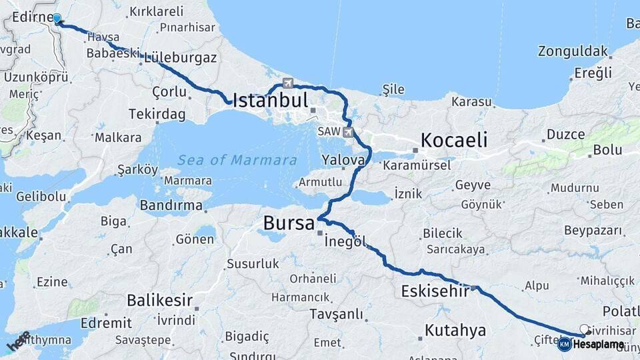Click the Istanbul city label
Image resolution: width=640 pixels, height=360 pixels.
(270, 101)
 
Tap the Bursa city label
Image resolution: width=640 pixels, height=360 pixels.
(289, 223)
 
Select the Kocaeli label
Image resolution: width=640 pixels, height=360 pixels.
(453, 140)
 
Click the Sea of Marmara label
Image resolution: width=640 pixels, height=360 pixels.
(237, 160)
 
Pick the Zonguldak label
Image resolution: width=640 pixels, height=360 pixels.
(573, 51)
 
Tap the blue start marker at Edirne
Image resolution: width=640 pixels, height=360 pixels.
(57, 19)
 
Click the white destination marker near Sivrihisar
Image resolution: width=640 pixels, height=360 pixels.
(585, 329)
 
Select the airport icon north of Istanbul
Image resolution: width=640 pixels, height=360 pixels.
(288, 83)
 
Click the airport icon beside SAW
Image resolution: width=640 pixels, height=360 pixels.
(347, 133)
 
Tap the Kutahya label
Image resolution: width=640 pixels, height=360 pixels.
(455, 330)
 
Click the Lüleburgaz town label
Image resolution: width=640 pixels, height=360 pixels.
(179, 57)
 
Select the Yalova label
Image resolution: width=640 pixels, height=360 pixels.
(343, 160)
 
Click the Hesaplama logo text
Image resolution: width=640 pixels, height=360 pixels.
(599, 344)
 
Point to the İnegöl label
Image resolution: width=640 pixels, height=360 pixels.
(345, 241)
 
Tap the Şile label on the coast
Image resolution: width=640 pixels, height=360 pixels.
(393, 89)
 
